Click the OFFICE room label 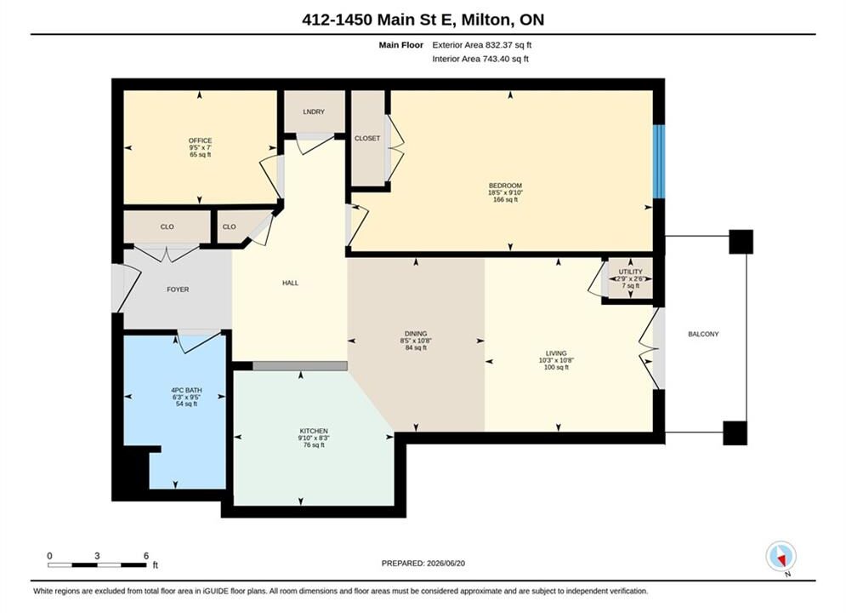click(200, 140)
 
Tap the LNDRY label click(314, 112)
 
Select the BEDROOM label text click(505, 186)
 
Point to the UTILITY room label click(630, 272)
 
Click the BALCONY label click(703, 335)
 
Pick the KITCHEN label click(314, 431)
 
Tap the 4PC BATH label click(186, 390)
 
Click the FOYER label click(178, 289)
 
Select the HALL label click(290, 283)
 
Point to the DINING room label click(416, 334)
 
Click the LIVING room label click(556, 353)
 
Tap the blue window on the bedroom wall click(659, 162)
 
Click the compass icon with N click(781, 556)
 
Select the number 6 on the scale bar click(146, 556)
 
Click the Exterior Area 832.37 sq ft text click(482, 45)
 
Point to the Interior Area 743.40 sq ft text click(480, 59)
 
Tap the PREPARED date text click(423, 564)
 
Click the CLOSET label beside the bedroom click(367, 138)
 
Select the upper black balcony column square click(741, 242)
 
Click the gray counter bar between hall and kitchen click(300, 366)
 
